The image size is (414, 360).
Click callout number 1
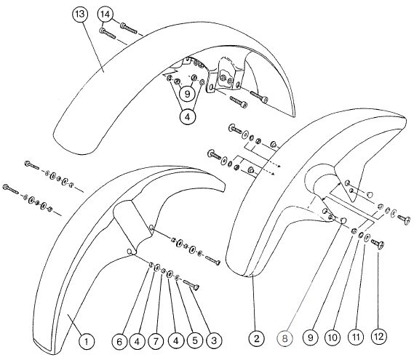click(x=87, y=342)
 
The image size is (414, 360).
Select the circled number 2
click(x=257, y=339)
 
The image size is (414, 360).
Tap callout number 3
click(x=214, y=340)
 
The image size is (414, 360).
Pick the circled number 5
click(x=195, y=340)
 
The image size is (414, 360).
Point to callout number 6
click(x=119, y=342)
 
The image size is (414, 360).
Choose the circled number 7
click(x=156, y=342)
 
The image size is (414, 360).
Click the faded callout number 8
click(x=284, y=338)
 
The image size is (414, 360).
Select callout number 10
click(x=333, y=337)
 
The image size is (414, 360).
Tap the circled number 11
click(x=357, y=337)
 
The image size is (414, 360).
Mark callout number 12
click(x=379, y=336)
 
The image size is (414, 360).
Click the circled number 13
click(x=80, y=14)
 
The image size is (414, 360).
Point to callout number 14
click(x=105, y=15)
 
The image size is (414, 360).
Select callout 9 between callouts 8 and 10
click(x=311, y=337)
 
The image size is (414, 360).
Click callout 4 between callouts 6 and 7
click(x=137, y=342)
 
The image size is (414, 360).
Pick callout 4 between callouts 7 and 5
click(x=176, y=341)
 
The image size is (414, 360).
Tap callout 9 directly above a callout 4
click(x=188, y=94)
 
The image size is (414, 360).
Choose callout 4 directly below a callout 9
click(x=188, y=116)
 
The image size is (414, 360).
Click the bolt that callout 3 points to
click(x=191, y=285)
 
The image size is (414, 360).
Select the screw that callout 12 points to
click(x=378, y=244)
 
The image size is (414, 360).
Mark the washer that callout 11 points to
click(x=367, y=239)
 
